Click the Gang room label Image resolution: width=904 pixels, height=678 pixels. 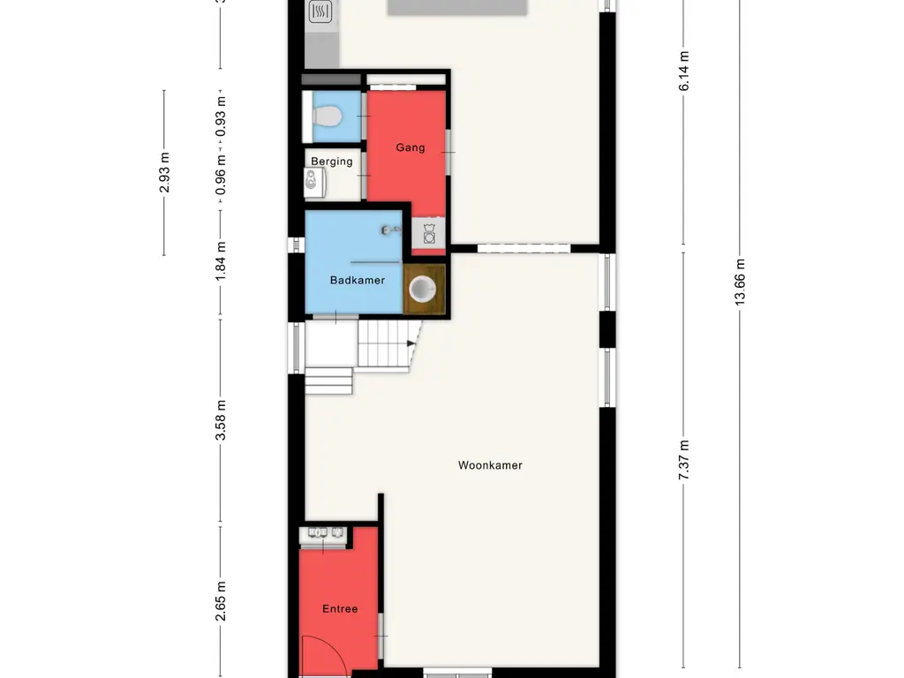[410, 147]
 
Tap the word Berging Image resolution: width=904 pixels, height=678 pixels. [332, 161]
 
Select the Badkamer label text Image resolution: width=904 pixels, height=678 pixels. [357, 281]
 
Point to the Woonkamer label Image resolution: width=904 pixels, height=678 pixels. [490, 465]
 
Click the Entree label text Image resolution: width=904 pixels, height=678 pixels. [340, 609]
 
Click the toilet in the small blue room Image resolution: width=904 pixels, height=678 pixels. [328, 117]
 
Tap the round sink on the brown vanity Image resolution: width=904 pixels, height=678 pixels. [424, 290]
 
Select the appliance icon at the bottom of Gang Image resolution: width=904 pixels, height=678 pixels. [429, 235]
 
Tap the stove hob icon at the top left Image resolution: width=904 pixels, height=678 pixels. [319, 11]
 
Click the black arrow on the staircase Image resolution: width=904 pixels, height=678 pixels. [410, 342]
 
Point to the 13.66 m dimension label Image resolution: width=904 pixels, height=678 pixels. [740, 282]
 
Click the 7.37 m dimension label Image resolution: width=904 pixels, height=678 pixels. [683, 460]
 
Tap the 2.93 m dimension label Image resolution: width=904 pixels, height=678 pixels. [164, 171]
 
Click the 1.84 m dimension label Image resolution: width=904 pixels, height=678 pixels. [221, 262]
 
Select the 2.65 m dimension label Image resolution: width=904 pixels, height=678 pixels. [221, 600]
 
